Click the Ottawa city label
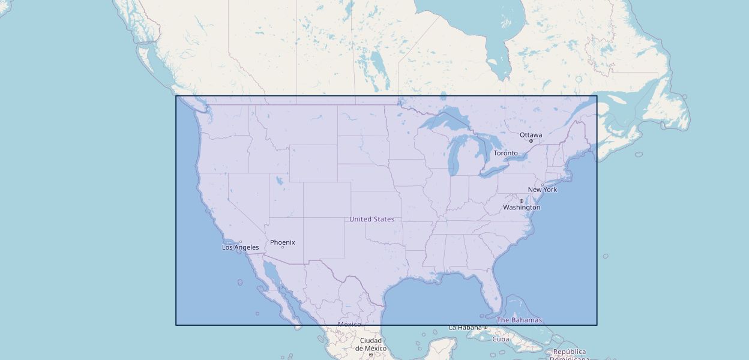click(x=531, y=135)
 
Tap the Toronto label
click(x=505, y=153)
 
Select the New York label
click(x=543, y=190)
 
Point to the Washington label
click(x=522, y=208)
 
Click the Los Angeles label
click(x=241, y=247)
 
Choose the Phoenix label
click(x=283, y=242)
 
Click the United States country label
click(x=372, y=219)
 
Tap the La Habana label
click(x=466, y=328)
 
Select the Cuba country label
click(x=501, y=339)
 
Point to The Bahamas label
click(x=519, y=320)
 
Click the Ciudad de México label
click(x=370, y=344)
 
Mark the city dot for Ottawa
click(x=531, y=141)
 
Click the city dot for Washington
click(x=521, y=201)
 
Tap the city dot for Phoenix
click(x=283, y=247)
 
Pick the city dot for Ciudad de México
click(x=371, y=355)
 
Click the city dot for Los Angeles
click(x=241, y=242)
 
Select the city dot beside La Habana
click(x=486, y=327)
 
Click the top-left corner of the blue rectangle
click(x=176, y=96)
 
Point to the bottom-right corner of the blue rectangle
click(x=597, y=325)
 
